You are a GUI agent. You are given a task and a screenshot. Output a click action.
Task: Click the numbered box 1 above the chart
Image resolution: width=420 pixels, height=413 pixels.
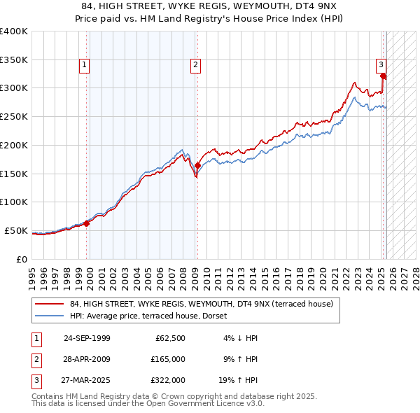(x=84, y=66)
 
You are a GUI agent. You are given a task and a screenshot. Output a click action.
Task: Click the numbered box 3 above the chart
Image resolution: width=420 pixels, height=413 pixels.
(x=381, y=66)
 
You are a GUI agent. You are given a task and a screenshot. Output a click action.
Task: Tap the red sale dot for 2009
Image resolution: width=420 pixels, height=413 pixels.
(x=198, y=165)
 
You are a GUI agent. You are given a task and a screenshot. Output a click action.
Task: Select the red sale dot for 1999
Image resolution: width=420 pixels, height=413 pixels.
(x=87, y=223)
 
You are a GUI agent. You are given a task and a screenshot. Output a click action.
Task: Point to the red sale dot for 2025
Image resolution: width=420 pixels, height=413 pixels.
(x=383, y=76)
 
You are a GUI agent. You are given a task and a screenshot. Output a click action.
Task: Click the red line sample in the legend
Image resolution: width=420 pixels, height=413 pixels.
(x=48, y=304)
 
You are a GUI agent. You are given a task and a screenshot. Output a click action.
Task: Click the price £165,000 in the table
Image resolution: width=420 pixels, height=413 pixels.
(x=168, y=359)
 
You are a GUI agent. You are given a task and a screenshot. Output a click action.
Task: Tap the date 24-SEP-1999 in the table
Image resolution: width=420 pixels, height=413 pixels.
(x=87, y=338)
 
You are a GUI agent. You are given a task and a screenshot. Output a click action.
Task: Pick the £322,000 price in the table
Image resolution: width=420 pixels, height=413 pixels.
(x=168, y=380)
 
